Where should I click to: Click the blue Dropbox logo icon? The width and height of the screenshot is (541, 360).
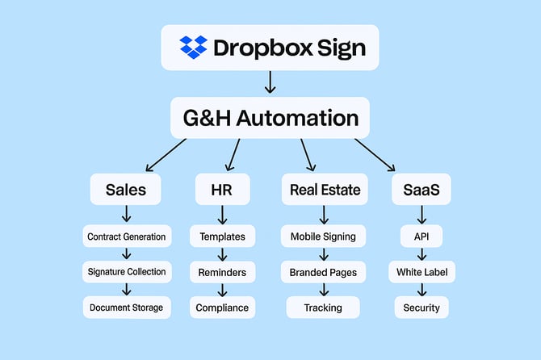193,48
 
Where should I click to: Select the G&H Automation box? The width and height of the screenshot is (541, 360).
270,118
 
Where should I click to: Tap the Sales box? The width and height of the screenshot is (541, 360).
126,190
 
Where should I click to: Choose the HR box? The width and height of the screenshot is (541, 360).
222,190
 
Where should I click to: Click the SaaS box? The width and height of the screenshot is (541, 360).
421,190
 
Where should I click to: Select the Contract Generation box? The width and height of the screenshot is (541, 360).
127,237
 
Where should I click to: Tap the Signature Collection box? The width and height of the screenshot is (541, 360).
127,272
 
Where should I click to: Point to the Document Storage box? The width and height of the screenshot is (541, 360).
127,308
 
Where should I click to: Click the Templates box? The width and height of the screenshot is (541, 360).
222,237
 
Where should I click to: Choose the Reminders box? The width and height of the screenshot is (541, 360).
222,272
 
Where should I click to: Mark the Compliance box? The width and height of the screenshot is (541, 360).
222,308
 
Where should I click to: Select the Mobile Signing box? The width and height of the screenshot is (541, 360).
323,237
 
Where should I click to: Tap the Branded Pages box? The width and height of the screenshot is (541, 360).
323,272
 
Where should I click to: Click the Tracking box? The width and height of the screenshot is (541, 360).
323,308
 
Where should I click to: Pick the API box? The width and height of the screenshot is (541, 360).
421,237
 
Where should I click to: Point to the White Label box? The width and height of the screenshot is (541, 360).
421,272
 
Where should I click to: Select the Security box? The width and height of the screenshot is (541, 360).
421,308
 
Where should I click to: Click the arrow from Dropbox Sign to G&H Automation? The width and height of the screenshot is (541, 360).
270,82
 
